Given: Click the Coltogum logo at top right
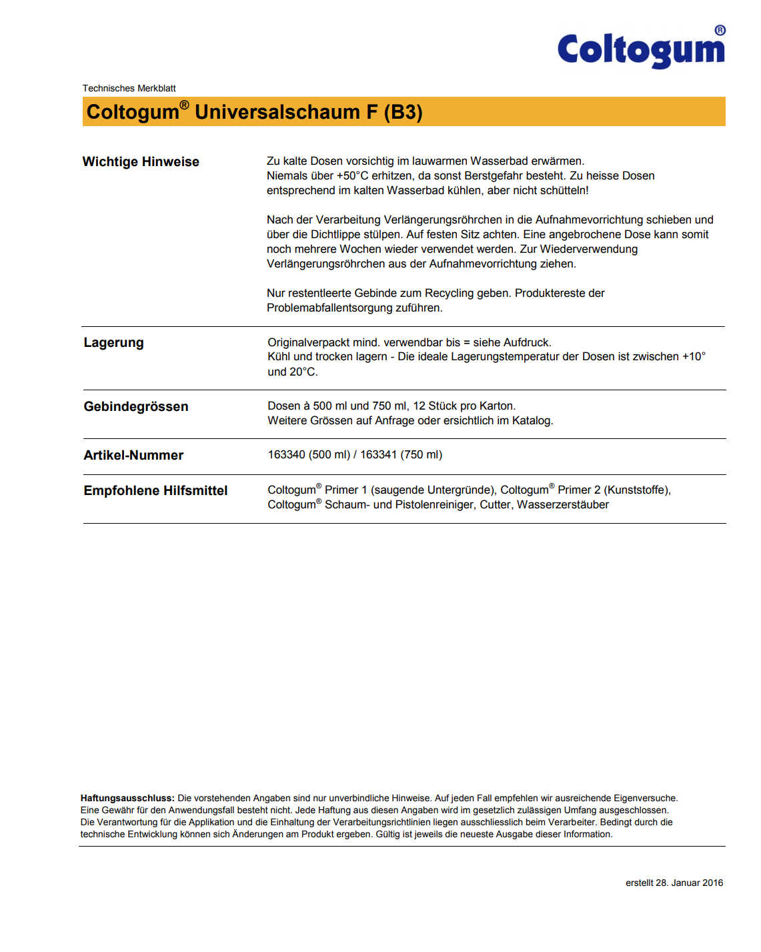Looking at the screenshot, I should click(641, 49).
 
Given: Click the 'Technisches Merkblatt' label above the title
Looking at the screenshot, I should click(129, 88).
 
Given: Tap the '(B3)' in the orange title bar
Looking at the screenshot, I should click(403, 112).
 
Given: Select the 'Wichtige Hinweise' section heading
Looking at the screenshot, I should click(141, 162).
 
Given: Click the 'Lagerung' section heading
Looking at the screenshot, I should click(113, 343).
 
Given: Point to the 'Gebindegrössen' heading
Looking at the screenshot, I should click(136, 407).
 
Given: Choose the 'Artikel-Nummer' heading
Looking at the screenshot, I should click(133, 456).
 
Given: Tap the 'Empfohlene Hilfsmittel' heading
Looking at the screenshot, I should click(155, 491).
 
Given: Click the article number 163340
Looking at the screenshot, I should click(286, 455).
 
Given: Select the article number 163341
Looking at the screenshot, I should click(378, 455).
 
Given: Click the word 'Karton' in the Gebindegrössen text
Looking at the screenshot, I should click(498, 406).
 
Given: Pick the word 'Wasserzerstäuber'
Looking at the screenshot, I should click(563, 505).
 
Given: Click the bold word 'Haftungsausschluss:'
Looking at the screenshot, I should click(127, 799).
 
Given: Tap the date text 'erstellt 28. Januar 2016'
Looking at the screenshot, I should click(674, 883).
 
